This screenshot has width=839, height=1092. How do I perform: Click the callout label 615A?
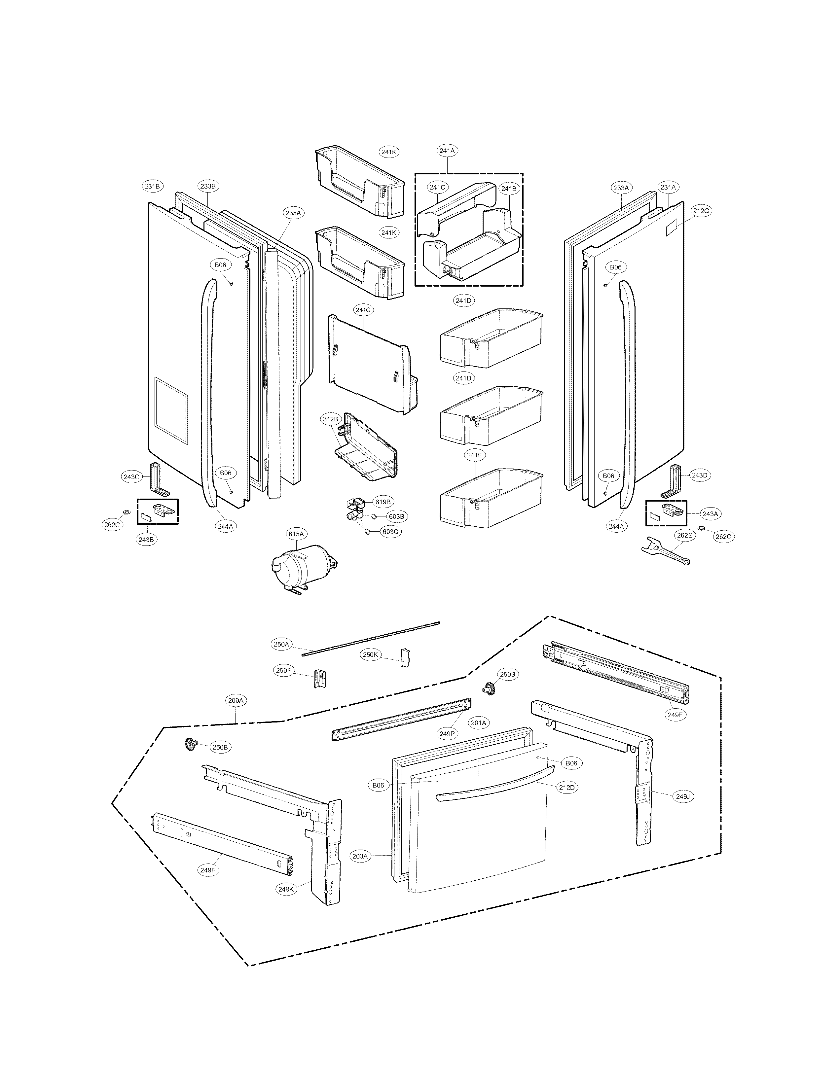click(295, 534)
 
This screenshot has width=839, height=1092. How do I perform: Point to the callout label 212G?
click(701, 211)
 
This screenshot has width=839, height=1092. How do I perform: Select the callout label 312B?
click(330, 419)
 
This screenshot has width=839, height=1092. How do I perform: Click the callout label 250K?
click(371, 654)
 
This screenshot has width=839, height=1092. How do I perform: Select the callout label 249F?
click(208, 870)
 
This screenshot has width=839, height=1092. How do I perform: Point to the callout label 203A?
click(360, 856)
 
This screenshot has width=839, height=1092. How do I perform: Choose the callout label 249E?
click(675, 715)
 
